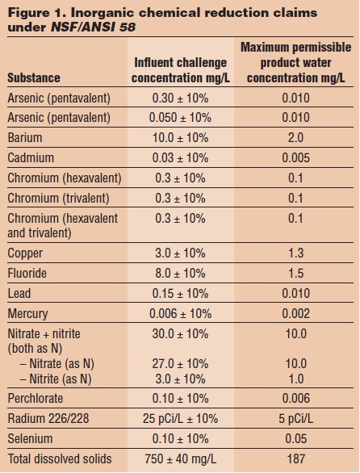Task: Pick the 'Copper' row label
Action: coord(27,253)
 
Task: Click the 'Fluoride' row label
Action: coord(31,272)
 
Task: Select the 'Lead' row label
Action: coord(22,292)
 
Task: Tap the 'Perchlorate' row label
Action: coord(37,398)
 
